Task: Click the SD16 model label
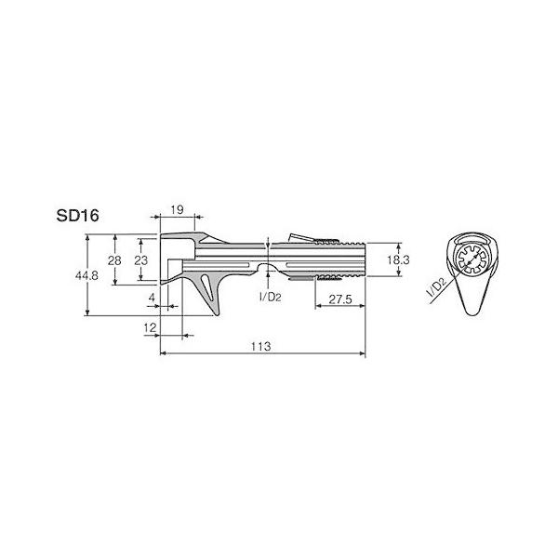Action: coord(77,216)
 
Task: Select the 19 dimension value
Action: coord(177,210)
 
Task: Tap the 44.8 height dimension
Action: coord(86,275)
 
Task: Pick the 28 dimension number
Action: coord(114,260)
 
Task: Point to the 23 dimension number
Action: coord(141,260)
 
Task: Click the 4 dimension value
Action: coord(152,298)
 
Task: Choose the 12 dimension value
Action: coord(150,327)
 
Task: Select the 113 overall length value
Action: coord(260,346)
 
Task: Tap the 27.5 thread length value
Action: coord(340,299)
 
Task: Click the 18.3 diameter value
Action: coord(398,259)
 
